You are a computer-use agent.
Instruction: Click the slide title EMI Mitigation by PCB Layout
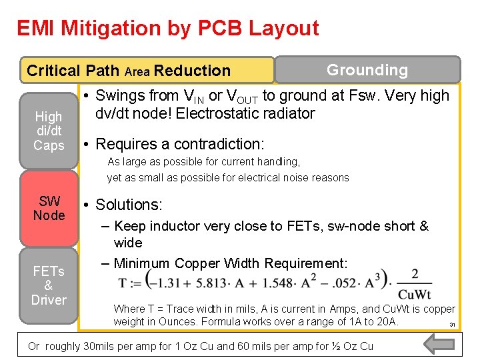click(x=167, y=29)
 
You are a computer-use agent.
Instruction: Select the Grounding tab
click(x=367, y=70)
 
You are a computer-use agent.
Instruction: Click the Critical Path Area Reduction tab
click(x=129, y=71)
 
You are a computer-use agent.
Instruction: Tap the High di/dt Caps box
click(x=49, y=131)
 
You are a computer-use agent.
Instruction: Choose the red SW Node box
click(x=49, y=209)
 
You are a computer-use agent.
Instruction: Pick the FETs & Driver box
click(x=49, y=285)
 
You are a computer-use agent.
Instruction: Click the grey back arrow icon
click(x=439, y=344)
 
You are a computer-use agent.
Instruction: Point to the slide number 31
click(x=451, y=325)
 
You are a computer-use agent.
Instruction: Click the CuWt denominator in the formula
click(x=415, y=295)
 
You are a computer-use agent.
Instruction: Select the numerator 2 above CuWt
click(x=415, y=274)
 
